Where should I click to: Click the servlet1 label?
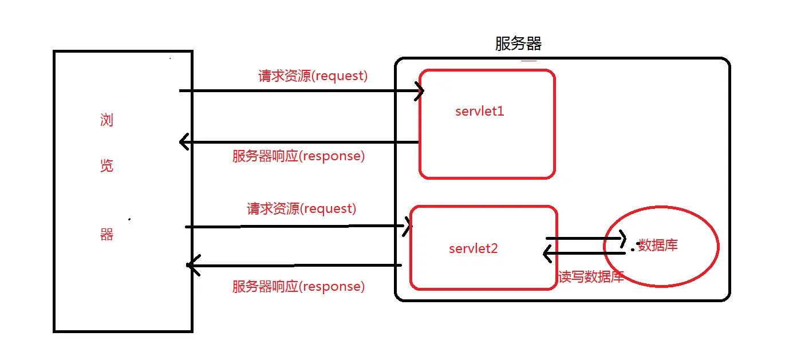click(479, 111)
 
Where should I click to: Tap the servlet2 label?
click(473, 249)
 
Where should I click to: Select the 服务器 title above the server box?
click(518, 43)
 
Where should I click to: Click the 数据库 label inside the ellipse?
click(658, 245)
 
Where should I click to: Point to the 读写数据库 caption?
click(591, 277)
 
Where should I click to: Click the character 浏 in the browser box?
click(106, 120)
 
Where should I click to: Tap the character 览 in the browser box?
click(106, 165)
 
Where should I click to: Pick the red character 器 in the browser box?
click(106, 234)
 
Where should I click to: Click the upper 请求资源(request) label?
click(313, 76)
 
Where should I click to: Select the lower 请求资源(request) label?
click(301, 208)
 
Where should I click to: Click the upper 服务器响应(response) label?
click(298, 156)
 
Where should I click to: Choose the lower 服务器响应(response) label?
click(298, 286)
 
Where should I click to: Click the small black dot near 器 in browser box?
click(129, 219)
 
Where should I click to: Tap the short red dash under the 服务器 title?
click(528, 61)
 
